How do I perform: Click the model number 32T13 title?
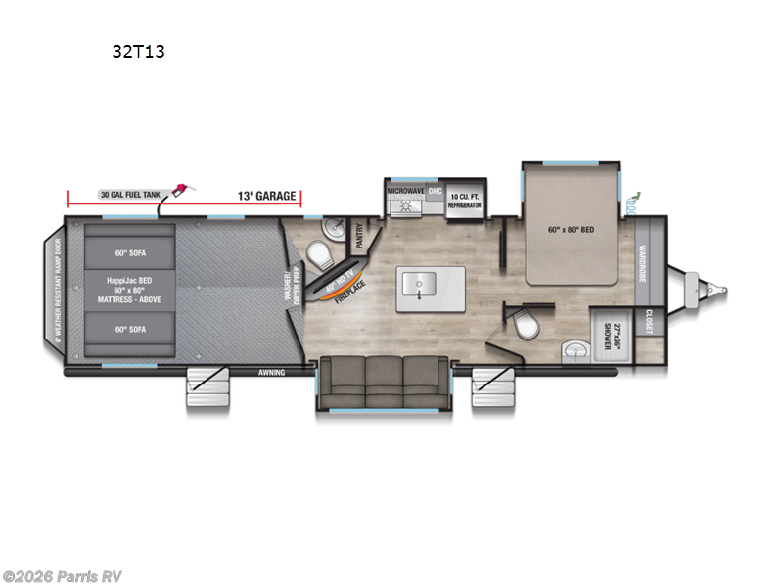138,52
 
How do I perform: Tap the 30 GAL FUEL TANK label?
130,196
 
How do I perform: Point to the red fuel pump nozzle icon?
182,189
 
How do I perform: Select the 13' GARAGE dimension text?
266,197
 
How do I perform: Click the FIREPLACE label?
348,291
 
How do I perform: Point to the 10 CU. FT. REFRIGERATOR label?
466,200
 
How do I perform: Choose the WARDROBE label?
644,262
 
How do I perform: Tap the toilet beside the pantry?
317,254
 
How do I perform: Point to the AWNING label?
271,372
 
